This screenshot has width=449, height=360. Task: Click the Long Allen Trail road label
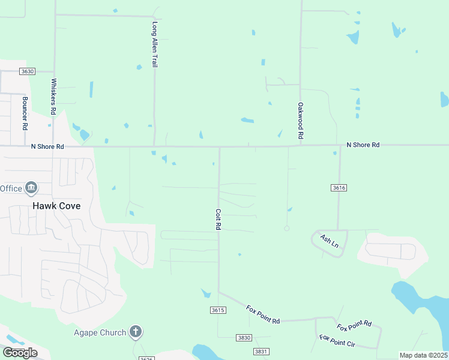(x=155, y=44)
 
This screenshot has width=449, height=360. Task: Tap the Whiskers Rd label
(x=53, y=97)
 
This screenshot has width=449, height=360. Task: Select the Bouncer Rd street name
(x=25, y=113)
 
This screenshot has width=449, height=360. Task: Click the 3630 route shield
(x=27, y=71)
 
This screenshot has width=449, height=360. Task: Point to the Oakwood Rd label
(x=301, y=122)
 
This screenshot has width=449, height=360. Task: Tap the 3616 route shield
(x=339, y=188)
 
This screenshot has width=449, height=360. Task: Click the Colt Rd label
(x=218, y=220)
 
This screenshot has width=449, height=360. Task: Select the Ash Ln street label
(x=330, y=242)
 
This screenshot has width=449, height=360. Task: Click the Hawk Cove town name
(x=56, y=205)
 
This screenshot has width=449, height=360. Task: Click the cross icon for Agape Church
(x=136, y=332)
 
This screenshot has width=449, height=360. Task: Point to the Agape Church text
(x=100, y=332)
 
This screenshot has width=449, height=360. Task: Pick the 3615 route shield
(x=218, y=310)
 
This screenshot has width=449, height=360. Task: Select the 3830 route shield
(x=244, y=338)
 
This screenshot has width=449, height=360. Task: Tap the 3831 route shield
(x=261, y=352)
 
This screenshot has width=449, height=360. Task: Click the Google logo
(x=20, y=353)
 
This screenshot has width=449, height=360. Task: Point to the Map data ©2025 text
(x=423, y=355)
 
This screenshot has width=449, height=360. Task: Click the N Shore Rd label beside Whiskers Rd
(x=47, y=146)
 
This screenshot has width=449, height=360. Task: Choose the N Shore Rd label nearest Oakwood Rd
(x=363, y=145)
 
